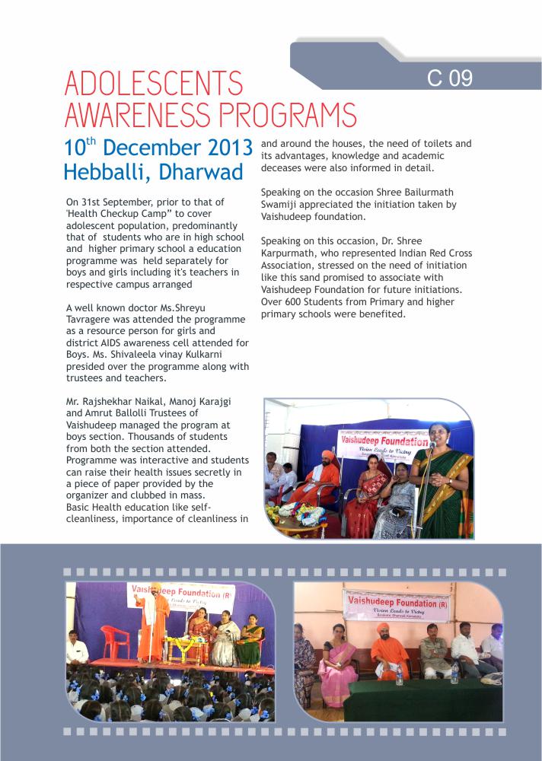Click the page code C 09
(x=450, y=78)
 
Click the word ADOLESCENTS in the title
(x=154, y=84)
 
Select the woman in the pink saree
(x=338, y=662)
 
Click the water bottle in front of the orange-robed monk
(x=399, y=673)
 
